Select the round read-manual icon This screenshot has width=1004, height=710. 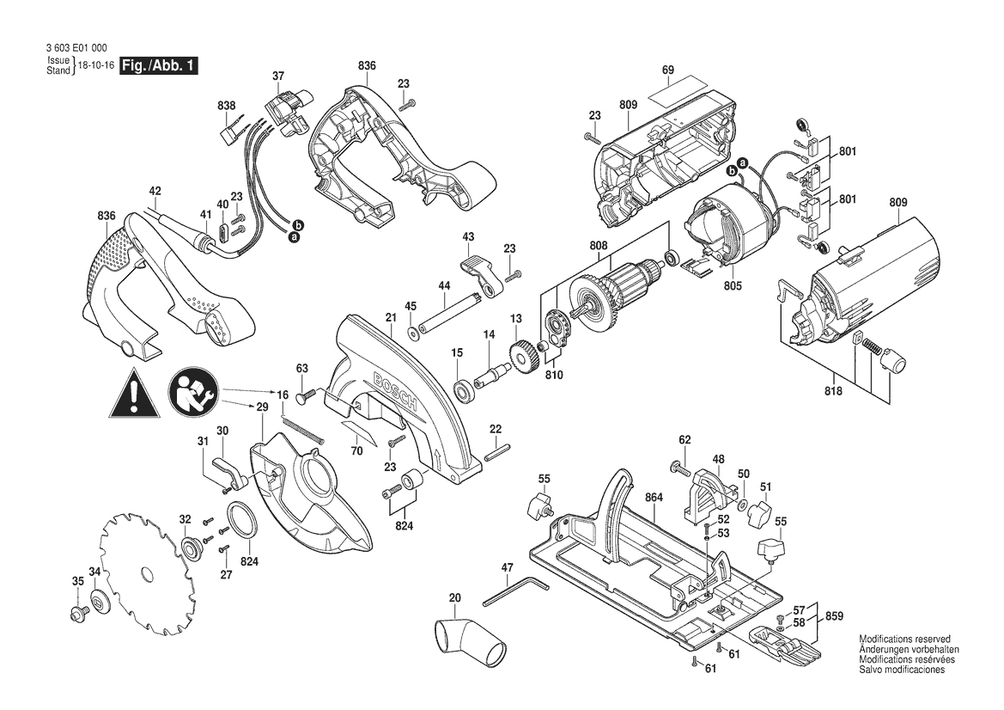pyautogui.click(x=194, y=393)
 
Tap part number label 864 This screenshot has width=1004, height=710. pyautogui.click(x=654, y=497)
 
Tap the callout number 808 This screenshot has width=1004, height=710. pyautogui.click(x=598, y=246)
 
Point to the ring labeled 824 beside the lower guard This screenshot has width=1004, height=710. pyautogui.click(x=242, y=519)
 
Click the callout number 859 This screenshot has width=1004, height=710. pyautogui.click(x=833, y=616)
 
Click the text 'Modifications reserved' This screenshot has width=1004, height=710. pyautogui.click(x=904, y=639)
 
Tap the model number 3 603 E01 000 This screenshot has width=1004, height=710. pyautogui.click(x=76, y=47)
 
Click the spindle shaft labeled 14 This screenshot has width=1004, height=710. pyautogui.click(x=492, y=374)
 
